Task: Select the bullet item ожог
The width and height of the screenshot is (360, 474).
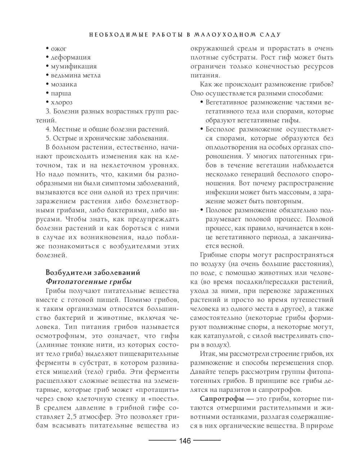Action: [59, 49]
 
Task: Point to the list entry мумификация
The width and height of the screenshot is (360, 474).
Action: [73, 67]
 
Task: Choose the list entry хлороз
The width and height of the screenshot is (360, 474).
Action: [62, 103]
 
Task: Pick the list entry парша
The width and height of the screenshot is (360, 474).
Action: [61, 94]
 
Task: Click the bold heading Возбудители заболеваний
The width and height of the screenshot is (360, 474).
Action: [93, 273]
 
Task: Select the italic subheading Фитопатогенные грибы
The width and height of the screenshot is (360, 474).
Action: [89, 282]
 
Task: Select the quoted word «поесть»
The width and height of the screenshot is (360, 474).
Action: [165, 399]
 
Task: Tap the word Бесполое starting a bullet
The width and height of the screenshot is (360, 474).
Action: [220, 129]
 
